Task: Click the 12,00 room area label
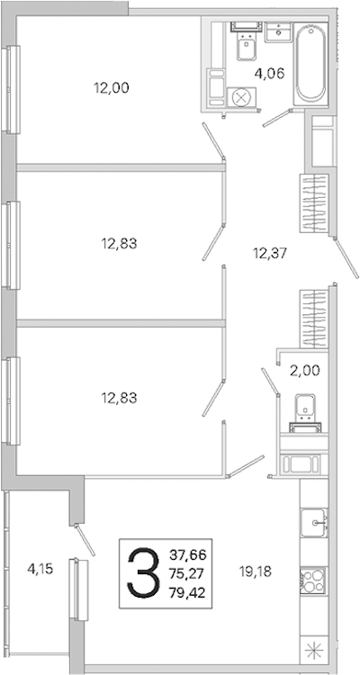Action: [x=112, y=88]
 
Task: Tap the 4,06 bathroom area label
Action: [x=270, y=74]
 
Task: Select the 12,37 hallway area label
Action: [x=270, y=253]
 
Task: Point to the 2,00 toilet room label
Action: [x=304, y=370]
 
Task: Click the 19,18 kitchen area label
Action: [x=256, y=571]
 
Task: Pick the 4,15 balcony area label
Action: [x=40, y=570]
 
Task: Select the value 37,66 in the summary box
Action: [x=188, y=554]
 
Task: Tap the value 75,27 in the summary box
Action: [x=188, y=573]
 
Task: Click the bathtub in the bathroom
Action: [x=310, y=63]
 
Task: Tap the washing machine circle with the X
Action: [x=241, y=97]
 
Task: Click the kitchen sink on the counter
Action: [x=313, y=523]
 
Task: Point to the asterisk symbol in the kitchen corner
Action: [x=313, y=649]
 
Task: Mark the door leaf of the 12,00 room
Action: [x=213, y=140]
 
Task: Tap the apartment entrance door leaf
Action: [x=346, y=259]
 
